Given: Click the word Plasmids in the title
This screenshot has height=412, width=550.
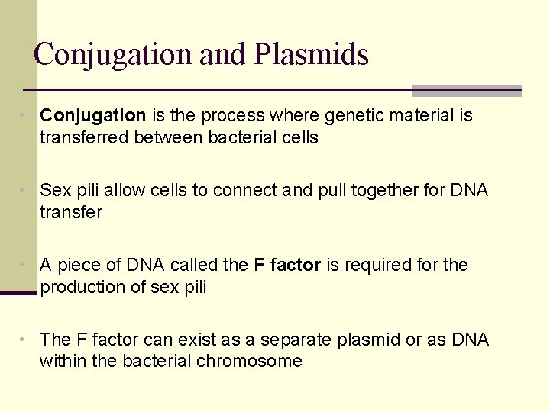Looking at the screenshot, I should pyautogui.click(x=311, y=55).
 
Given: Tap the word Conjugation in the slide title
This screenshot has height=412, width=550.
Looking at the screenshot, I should pyautogui.click(x=113, y=55).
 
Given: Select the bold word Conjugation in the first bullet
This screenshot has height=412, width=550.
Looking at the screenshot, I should pyautogui.click(x=92, y=116).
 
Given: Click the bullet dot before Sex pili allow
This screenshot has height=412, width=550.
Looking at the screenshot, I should pyautogui.click(x=25, y=190).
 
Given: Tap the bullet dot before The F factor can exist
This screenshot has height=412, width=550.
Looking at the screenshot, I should pyautogui.click(x=25, y=340).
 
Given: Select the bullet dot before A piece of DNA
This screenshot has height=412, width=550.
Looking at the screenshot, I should pyautogui.click(x=25, y=265).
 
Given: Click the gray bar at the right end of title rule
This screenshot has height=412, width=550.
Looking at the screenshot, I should pyautogui.click(x=467, y=91).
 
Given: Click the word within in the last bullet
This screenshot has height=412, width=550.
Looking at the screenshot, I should pyautogui.click(x=63, y=362).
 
